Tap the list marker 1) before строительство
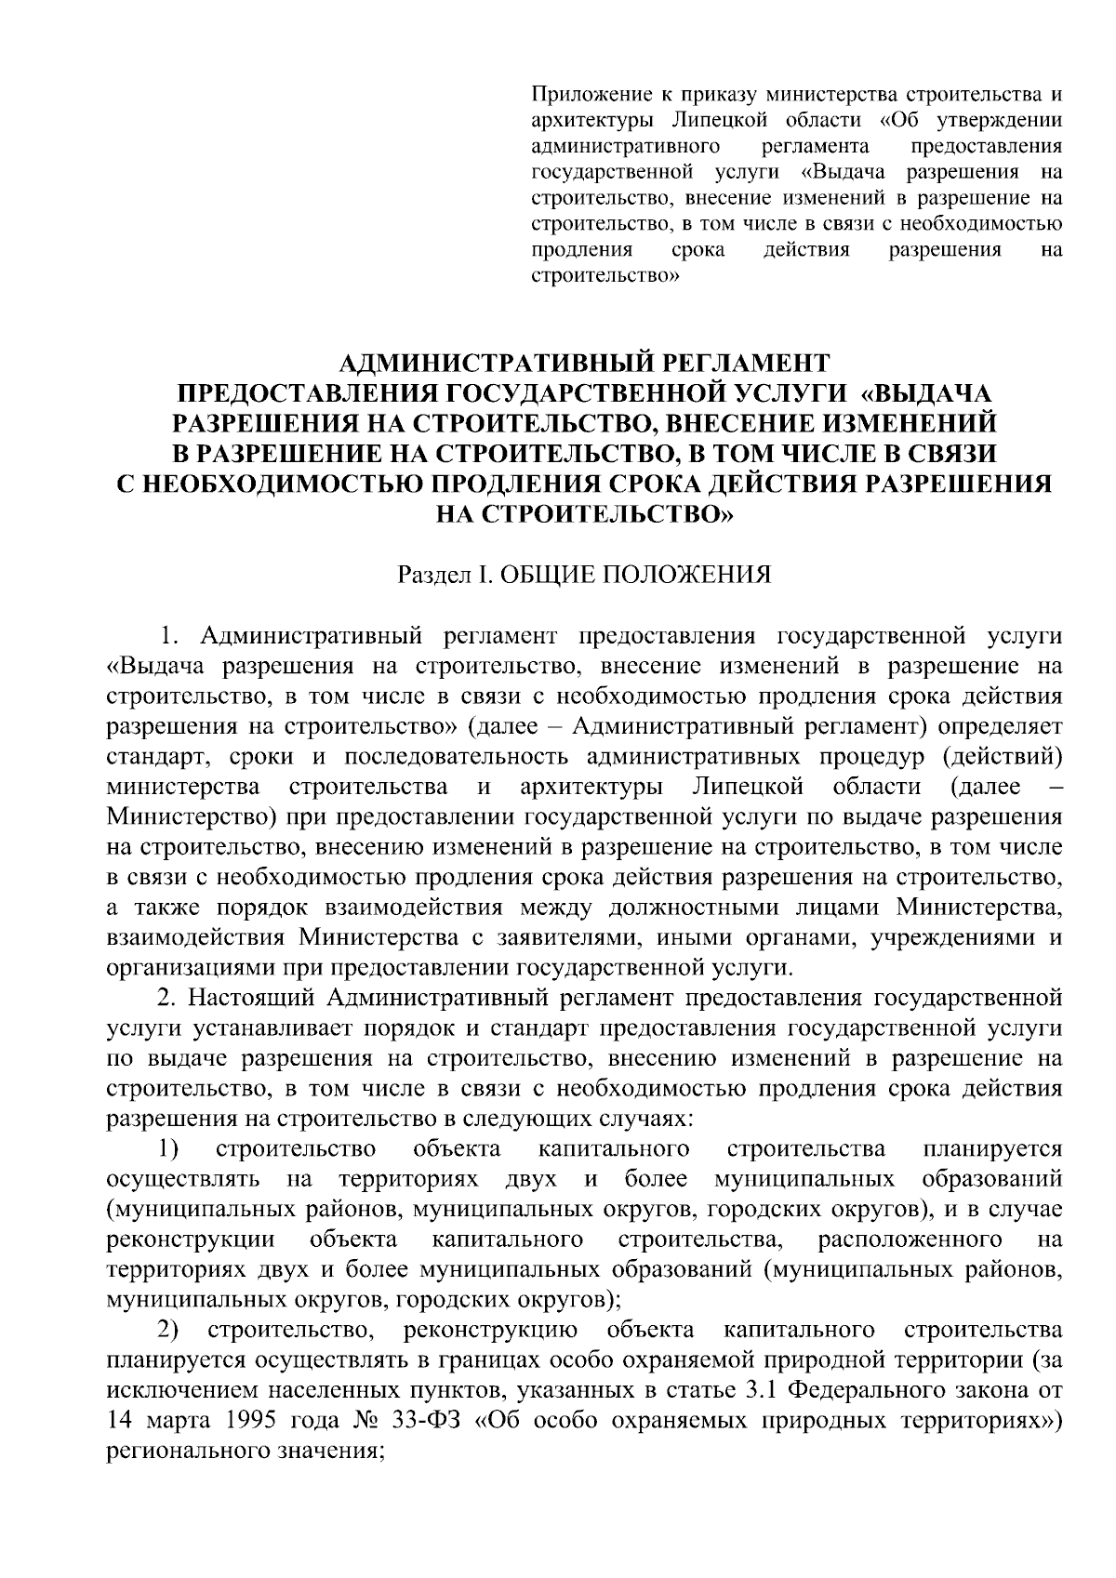pyautogui.click(x=168, y=1148)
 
